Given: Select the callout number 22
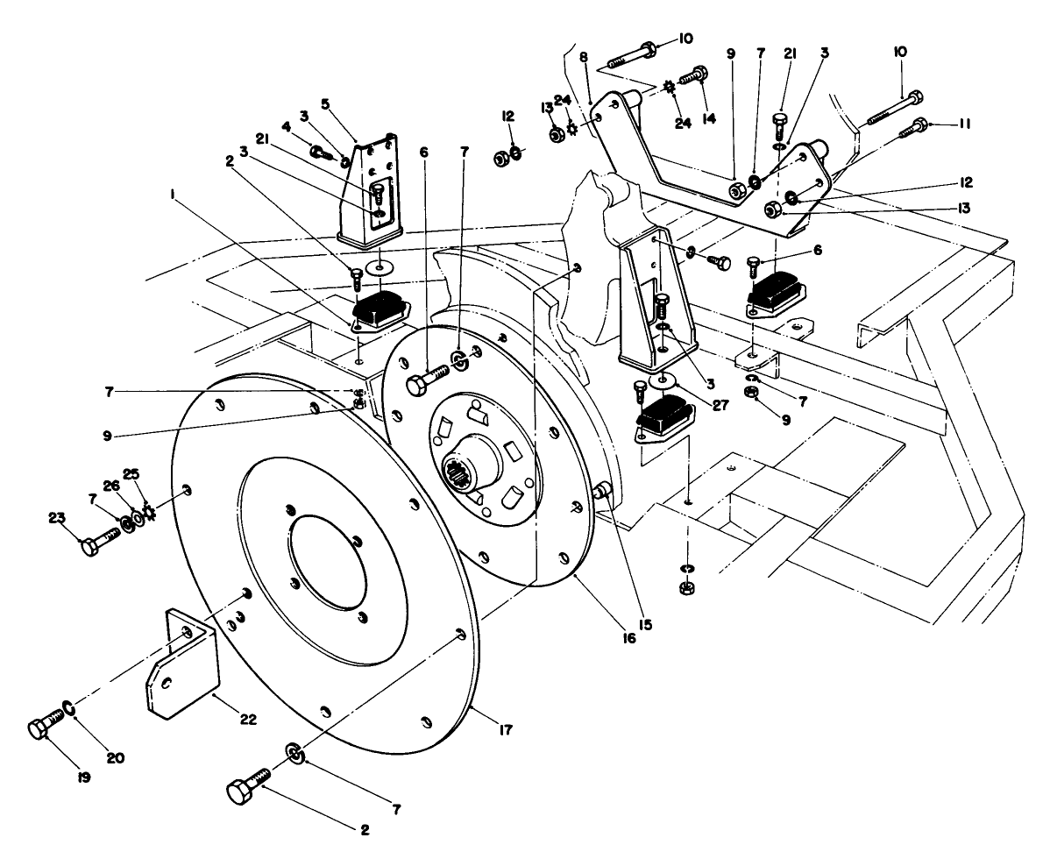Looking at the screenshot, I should click(x=248, y=719).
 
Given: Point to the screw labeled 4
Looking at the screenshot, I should click(x=319, y=153).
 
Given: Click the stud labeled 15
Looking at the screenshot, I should click(x=602, y=491).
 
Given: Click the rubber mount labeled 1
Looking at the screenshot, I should click(x=379, y=311).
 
